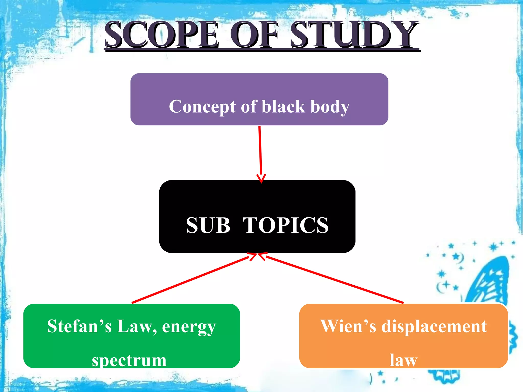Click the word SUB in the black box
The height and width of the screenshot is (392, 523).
pyautogui.click(x=208, y=225)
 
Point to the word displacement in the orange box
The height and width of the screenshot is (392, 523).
pyautogui.click(x=434, y=327)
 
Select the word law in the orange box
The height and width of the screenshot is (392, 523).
pyautogui.click(x=403, y=360)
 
